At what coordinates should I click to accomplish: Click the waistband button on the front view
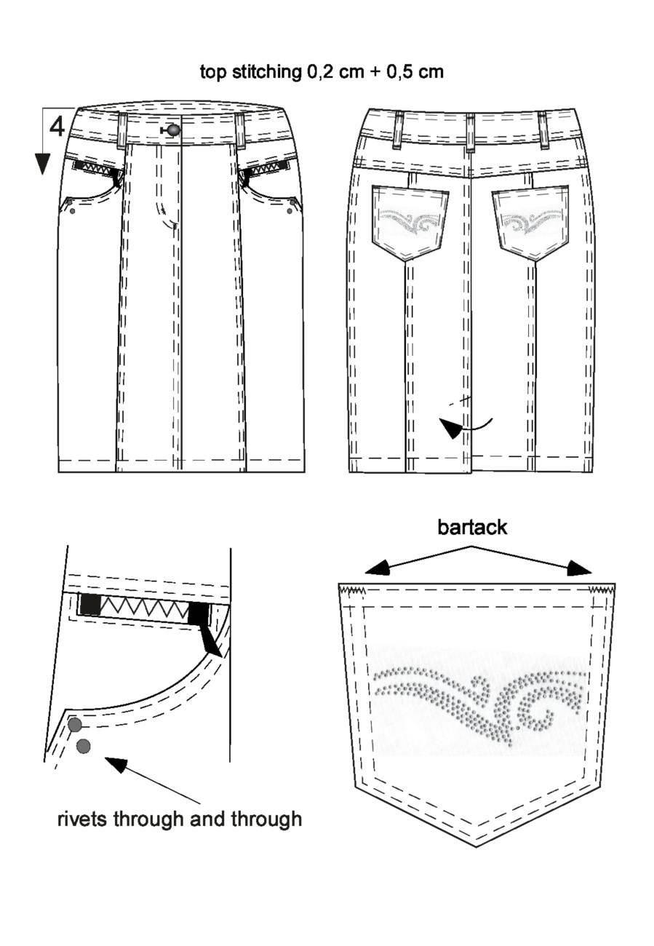[x=172, y=130]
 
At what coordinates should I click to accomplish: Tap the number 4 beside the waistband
[x=57, y=127]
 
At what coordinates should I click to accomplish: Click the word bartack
[x=472, y=528]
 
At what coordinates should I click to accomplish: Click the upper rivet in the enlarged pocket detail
[x=75, y=725]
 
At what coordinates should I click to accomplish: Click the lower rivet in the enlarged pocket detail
[x=83, y=746]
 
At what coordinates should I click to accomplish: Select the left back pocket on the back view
[x=410, y=222]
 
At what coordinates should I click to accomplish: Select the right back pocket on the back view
[x=530, y=222]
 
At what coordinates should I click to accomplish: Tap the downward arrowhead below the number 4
[x=42, y=164]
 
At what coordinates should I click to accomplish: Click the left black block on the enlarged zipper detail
[x=89, y=604]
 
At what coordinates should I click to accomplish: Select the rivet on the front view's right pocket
[x=290, y=210]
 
